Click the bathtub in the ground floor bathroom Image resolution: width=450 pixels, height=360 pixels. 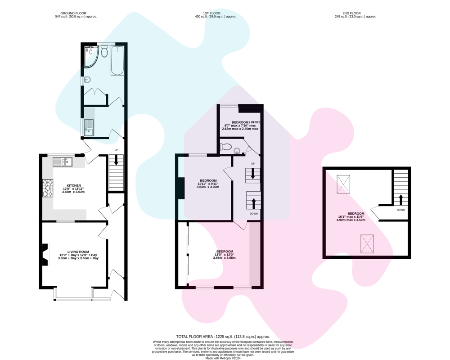coord(117,61)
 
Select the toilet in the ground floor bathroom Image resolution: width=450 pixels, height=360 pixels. coord(104,52)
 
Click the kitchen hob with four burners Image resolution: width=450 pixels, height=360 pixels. coord(48,189)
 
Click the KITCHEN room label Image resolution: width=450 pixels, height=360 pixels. coord(74,185)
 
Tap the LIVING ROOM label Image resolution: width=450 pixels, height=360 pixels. coord(78,252)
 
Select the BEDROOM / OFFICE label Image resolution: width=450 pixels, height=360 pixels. coord(246,122)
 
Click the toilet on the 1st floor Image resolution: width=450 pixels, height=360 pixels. coord(226,147)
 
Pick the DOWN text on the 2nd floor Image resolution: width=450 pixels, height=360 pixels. coord(401,210)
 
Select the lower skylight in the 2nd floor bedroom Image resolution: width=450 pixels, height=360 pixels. coord(367,243)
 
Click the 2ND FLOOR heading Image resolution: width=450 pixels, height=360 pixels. coord(355,13)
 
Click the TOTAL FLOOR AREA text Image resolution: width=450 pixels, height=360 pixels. coord(223,337)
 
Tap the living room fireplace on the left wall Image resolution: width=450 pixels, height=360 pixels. coord(45,254)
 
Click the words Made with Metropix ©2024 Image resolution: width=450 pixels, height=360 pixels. coord(223,358)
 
